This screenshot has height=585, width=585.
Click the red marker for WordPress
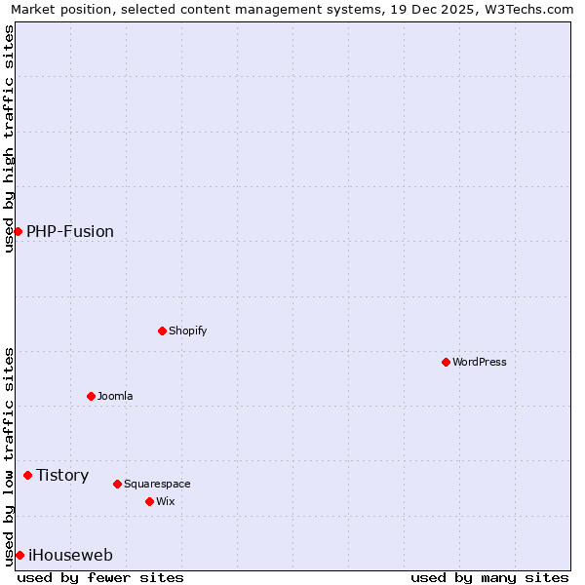446,362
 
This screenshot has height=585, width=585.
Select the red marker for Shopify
162,331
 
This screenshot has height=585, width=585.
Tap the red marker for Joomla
91,396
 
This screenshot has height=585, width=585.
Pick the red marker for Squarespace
117,484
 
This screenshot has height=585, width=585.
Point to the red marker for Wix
149,501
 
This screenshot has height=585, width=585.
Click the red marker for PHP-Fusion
18,231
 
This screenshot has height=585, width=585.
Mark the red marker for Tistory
27,475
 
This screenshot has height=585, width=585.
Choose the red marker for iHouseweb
19,555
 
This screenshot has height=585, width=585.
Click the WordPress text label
480,362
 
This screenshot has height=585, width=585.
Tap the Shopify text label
188,331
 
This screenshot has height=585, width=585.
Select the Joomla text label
115,396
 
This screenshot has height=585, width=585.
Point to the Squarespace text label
157,484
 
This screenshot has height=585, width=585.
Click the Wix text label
166,501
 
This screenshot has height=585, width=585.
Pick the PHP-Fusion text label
70,231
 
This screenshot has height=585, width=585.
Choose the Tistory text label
62,475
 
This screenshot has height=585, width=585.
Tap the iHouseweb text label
70,555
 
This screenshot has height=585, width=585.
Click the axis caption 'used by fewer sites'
100,577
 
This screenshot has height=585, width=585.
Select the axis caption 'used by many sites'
489,577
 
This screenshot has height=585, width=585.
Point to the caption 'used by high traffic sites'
9,138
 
